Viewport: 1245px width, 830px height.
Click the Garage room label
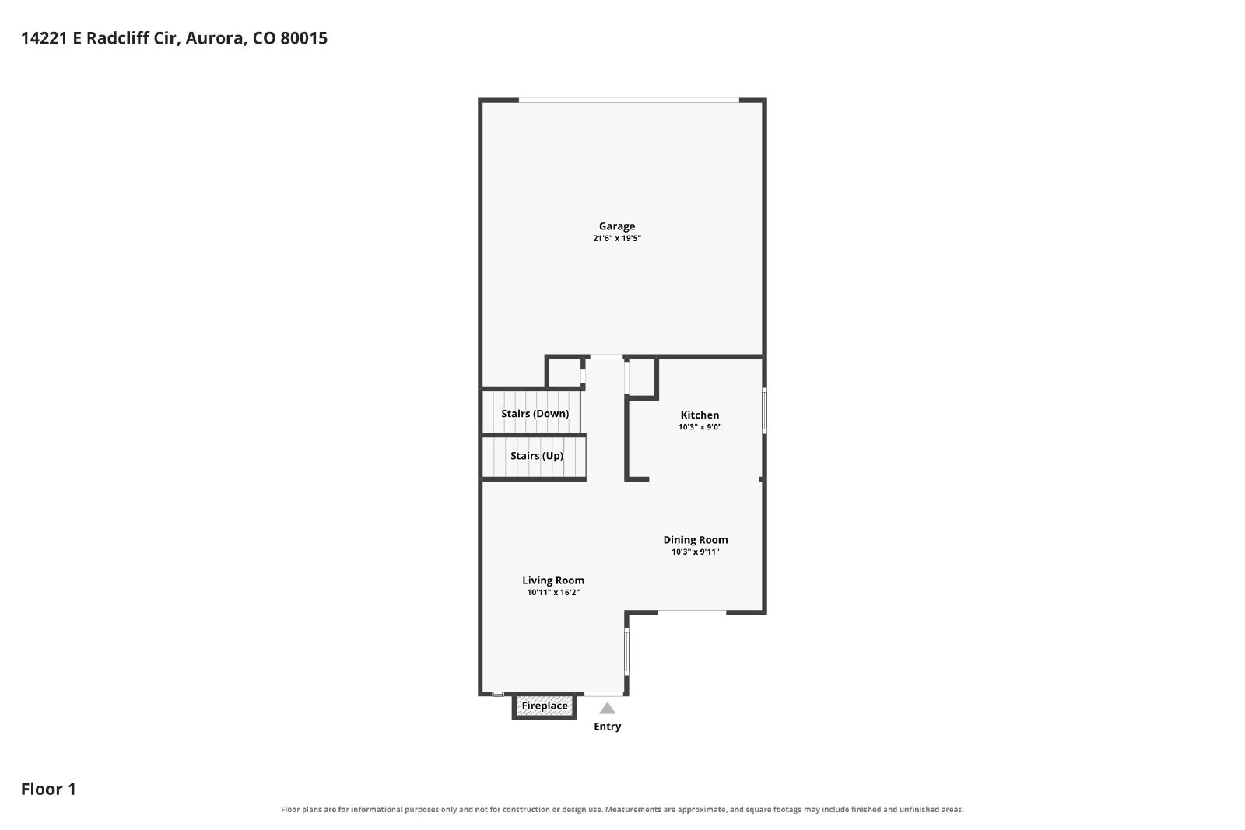pos(617,226)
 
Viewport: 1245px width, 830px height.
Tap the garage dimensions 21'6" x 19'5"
pos(617,238)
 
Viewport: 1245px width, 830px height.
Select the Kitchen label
pos(700,415)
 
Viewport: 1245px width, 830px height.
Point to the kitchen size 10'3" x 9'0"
pos(700,427)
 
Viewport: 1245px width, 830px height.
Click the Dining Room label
pos(696,539)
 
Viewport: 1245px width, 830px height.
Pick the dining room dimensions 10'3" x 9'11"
pos(696,552)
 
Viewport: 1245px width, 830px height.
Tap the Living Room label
pos(553,580)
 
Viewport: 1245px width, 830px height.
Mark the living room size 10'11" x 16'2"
pos(553,592)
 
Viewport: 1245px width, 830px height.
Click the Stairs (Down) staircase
pos(531,412)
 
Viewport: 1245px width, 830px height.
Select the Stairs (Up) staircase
pos(534,457)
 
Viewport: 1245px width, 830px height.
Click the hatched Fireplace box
pos(544,706)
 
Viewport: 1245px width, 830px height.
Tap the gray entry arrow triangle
pos(608,709)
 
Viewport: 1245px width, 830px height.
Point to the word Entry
pos(608,727)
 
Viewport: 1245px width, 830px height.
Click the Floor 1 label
pos(48,789)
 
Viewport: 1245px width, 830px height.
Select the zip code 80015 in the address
pos(304,38)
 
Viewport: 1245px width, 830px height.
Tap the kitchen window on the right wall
pos(764,411)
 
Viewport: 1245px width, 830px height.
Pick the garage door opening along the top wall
pos(629,100)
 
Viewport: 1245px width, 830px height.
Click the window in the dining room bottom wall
pos(692,612)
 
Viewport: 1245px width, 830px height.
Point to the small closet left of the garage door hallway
pos(565,372)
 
